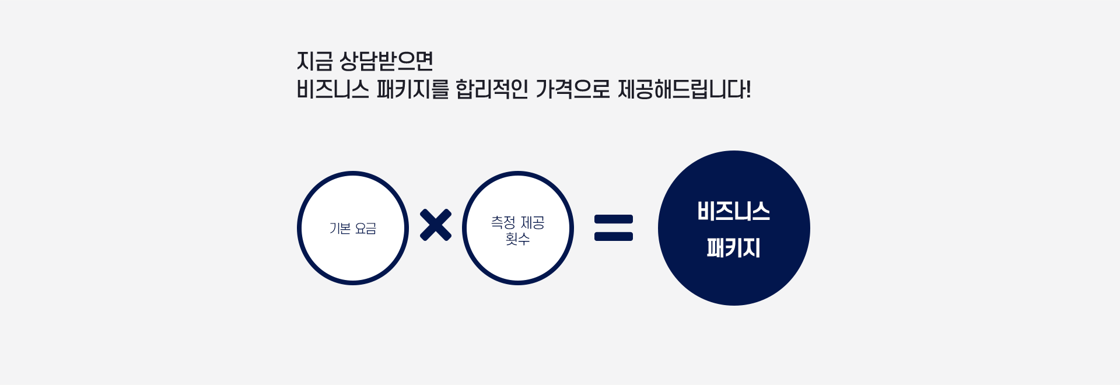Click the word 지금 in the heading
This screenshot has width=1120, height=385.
(x=314, y=61)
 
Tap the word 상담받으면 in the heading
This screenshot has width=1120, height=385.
(x=386, y=61)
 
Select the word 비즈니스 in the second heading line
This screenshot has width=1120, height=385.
(x=333, y=89)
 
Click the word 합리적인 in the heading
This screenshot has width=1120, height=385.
(x=492, y=89)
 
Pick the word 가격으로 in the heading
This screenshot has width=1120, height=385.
(x=572, y=89)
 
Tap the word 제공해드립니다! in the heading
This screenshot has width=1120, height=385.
(x=684, y=89)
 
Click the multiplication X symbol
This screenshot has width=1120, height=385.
(x=436, y=225)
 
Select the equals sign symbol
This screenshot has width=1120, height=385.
(x=614, y=228)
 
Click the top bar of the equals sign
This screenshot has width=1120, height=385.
(x=614, y=219)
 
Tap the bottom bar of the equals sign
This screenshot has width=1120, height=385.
(x=614, y=236)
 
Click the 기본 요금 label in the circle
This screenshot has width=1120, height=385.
(x=353, y=228)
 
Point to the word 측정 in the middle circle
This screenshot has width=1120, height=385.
(x=503, y=222)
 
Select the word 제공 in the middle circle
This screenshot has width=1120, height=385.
(x=533, y=222)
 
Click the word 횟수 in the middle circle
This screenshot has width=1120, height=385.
(x=517, y=239)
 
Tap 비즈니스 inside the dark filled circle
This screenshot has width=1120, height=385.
(x=734, y=211)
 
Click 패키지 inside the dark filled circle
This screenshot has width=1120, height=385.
(x=734, y=248)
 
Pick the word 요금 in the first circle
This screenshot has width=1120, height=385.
(x=366, y=228)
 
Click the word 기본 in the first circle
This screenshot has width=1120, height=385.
(x=340, y=228)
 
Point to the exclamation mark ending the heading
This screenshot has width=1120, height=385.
(x=748, y=89)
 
